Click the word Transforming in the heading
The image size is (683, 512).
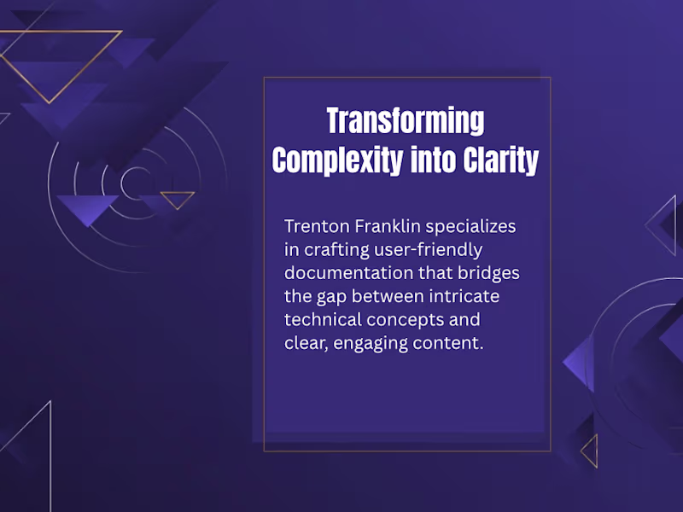(x=406, y=121)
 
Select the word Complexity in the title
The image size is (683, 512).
(x=337, y=160)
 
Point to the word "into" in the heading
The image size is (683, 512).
(x=432, y=160)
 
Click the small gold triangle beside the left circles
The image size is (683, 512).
(x=178, y=199)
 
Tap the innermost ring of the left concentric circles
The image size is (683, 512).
(x=136, y=182)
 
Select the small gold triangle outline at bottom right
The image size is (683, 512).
(x=590, y=450)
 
